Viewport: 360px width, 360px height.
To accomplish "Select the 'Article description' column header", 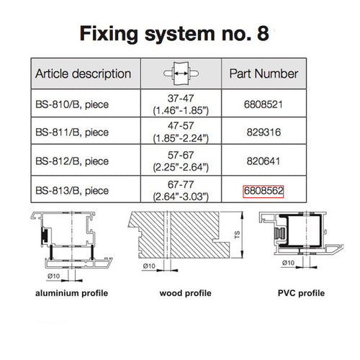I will coord(84,73).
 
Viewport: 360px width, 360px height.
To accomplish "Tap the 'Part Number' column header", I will coord(264,73).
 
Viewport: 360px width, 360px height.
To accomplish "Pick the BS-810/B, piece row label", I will coord(72,104).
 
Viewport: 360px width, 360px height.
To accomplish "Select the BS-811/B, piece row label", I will coord(72,133).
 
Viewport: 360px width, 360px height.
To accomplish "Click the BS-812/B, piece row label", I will coord(72,163).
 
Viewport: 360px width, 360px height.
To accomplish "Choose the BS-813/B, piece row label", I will coord(72,192).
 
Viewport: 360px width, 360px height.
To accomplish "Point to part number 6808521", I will coord(264,104).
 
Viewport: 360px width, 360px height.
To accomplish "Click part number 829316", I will coord(264,133).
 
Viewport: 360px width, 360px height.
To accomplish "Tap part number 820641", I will coord(264,163).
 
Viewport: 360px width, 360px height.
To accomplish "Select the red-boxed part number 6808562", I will coord(264,192).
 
